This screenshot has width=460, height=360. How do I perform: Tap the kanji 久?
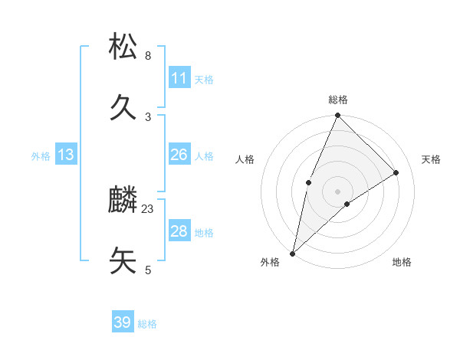[x=123, y=107]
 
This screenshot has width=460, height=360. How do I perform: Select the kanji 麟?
[x=123, y=201]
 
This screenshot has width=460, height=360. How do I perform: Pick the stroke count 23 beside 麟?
[x=148, y=208]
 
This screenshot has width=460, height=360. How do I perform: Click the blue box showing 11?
[x=179, y=78]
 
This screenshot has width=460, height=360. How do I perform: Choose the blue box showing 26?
[x=179, y=155]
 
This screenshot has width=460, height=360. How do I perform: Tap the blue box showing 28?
[x=179, y=231]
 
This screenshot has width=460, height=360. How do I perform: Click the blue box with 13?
[x=66, y=155]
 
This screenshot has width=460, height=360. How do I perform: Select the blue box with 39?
[x=123, y=322]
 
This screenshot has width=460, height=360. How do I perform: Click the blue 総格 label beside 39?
[x=148, y=324]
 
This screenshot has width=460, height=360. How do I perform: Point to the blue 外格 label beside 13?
[x=41, y=156]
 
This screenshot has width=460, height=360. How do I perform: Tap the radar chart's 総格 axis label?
[x=337, y=100]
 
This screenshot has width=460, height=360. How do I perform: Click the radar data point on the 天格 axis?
[x=396, y=172]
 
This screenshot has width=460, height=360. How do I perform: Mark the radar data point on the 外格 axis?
[x=292, y=253]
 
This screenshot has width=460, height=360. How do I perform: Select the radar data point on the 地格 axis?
[x=347, y=204]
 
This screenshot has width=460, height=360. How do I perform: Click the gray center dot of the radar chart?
[x=337, y=191]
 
